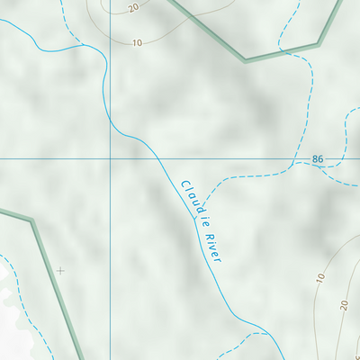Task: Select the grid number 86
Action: tap(318, 159)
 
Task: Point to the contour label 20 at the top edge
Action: tap(133, 8)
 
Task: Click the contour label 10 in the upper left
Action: tap(137, 42)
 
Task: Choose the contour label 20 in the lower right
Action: tap(343, 306)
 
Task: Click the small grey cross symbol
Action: tap(60, 270)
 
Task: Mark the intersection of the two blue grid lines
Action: tap(111, 159)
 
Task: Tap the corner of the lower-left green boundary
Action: tap(31, 220)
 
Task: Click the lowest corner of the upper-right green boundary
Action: tap(245, 60)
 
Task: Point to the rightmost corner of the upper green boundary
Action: tap(319, 42)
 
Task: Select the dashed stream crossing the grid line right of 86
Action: tap(346, 159)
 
